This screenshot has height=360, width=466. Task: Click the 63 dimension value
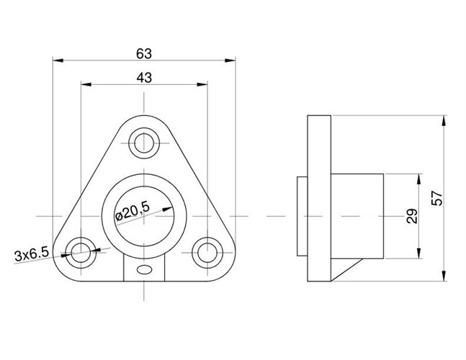pyautogui.click(x=144, y=53)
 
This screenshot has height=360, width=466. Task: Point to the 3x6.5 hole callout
pyautogui.click(x=31, y=253)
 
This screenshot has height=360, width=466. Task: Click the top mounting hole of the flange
pyautogui.click(x=144, y=141)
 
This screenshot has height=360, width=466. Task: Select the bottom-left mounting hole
pyautogui.click(x=81, y=252)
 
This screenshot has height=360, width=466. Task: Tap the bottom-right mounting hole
pyautogui.click(x=207, y=252)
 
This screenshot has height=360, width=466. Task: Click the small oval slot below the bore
pyautogui.click(x=144, y=271)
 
